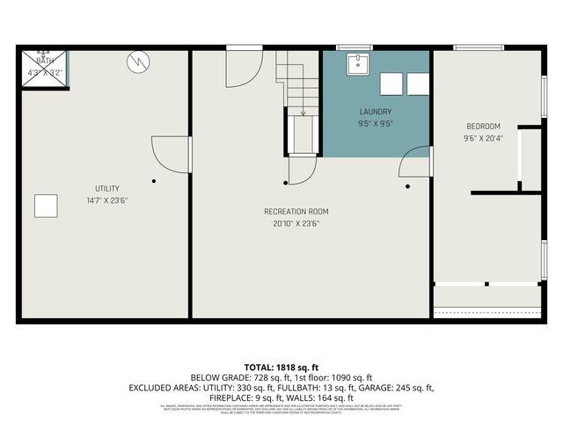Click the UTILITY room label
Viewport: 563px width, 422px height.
coord(107,189)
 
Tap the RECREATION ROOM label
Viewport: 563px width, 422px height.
coord(296,211)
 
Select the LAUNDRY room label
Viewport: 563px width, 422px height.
coord(376,113)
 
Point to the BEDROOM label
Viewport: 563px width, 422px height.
coord(482,127)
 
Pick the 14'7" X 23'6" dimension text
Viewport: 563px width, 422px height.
coord(107,200)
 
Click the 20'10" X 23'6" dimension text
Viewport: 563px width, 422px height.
coord(296,223)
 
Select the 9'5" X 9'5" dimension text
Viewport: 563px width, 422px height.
coord(376,124)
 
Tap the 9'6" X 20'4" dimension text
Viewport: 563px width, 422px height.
coord(482,138)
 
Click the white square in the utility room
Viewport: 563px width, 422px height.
coord(47,206)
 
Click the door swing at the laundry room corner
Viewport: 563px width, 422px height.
coord(414,164)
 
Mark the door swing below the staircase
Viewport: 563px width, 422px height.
coord(301,171)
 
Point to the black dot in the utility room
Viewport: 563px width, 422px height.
coord(153,181)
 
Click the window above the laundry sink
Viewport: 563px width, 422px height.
coord(355,47)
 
